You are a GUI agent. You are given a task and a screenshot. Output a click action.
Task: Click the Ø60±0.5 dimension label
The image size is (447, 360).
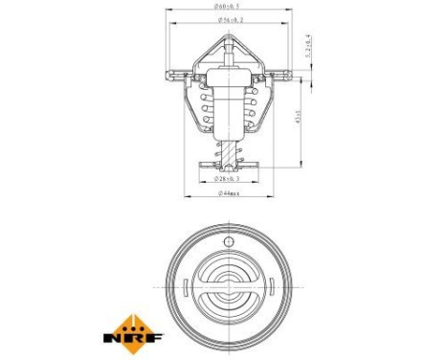click(228, 7)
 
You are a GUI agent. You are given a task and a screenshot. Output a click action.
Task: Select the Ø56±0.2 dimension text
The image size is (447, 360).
click(228, 19)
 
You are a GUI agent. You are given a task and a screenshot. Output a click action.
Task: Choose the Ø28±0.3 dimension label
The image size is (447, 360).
click(228, 178)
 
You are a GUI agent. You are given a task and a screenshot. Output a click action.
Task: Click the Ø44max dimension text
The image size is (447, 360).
click(228, 193)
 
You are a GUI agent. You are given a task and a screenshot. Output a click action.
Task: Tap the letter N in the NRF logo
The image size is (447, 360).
click(118, 336)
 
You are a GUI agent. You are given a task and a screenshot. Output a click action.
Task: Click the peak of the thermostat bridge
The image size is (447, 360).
click(228, 38)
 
